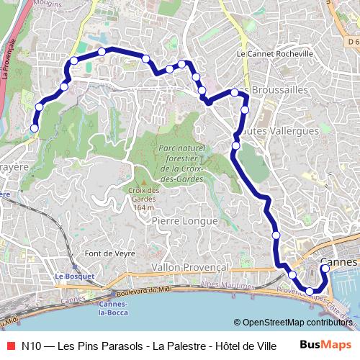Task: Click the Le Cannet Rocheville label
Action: (274, 54)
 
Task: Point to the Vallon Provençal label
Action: (190, 267)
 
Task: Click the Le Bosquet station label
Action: (70, 276)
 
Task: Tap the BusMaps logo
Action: (326, 345)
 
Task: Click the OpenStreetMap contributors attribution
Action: (296, 323)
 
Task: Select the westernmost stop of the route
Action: (34, 129)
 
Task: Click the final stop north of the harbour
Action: (325, 269)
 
